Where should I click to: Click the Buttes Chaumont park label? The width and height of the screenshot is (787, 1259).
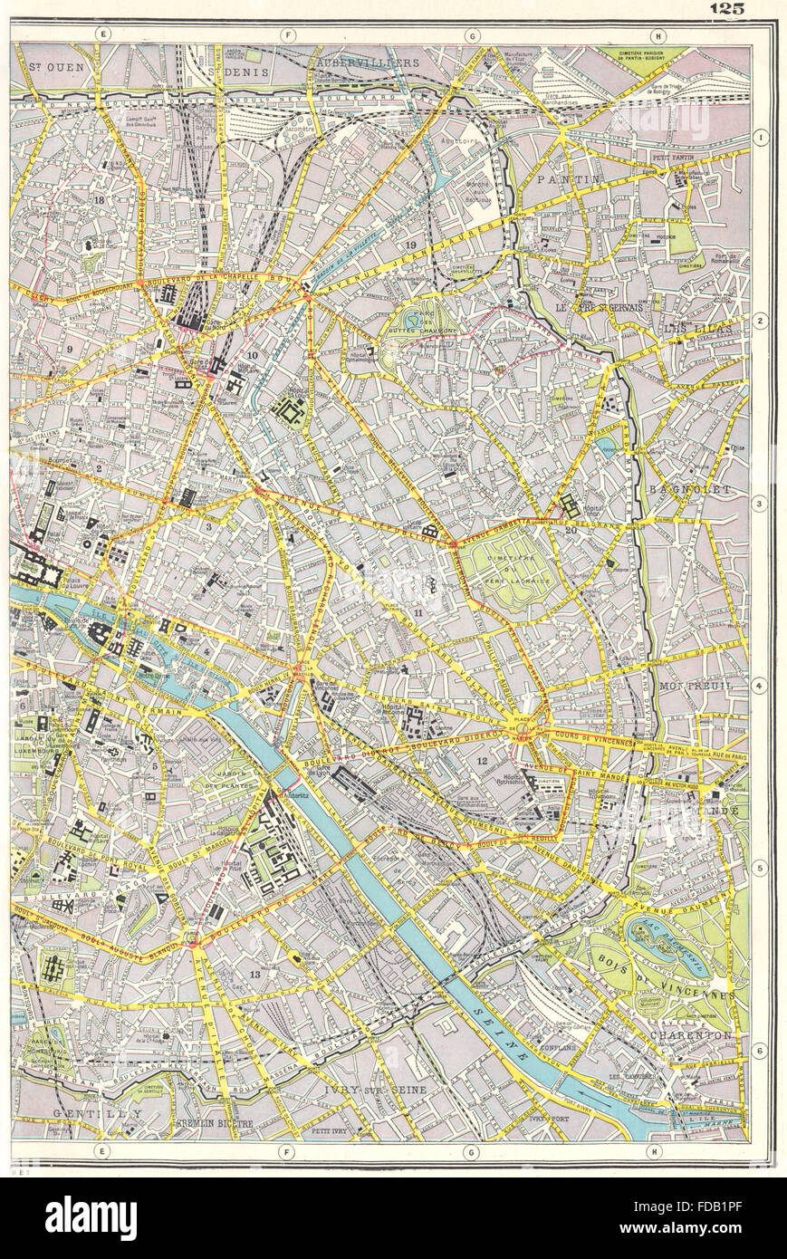click(417, 328)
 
